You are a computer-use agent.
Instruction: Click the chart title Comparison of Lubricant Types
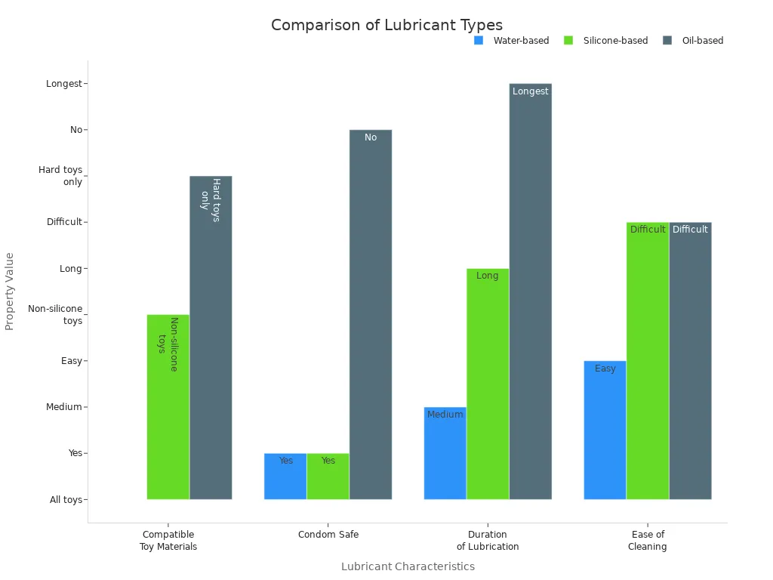[x=386, y=25]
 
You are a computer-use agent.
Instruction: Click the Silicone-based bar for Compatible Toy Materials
[x=168, y=408]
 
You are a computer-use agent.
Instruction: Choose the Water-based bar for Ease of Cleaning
[x=605, y=430]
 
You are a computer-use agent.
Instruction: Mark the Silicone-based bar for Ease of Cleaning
[x=648, y=362]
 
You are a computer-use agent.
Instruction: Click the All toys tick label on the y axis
[x=66, y=500]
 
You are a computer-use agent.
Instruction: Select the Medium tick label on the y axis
[x=64, y=407]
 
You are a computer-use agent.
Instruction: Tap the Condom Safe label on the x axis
[x=328, y=535]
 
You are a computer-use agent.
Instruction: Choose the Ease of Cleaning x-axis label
[x=648, y=541]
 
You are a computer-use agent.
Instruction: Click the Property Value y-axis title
[x=10, y=291]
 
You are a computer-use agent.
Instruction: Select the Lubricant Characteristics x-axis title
[x=408, y=566]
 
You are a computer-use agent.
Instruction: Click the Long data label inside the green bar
[x=488, y=276]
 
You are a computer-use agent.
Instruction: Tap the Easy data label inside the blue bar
[x=605, y=369]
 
